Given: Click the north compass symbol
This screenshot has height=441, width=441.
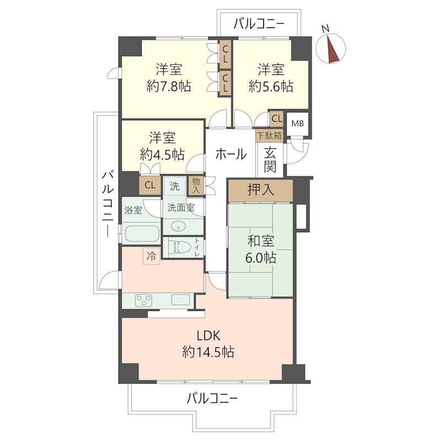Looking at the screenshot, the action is coord(331,48).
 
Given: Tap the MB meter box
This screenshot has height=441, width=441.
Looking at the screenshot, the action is coord(298,123).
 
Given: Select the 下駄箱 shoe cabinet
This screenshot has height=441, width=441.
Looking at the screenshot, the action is coord(269,136).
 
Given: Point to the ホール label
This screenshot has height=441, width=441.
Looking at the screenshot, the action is coord(231,154).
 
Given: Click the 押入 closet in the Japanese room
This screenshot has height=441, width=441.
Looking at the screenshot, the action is coord(260,190).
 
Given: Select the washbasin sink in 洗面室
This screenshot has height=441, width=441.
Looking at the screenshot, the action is coord(178,226).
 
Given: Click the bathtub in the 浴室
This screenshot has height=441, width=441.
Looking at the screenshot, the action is coord(142,233).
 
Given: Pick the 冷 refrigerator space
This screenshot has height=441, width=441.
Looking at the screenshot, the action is coord(151,256).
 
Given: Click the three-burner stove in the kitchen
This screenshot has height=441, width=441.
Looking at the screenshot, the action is coord(144,300).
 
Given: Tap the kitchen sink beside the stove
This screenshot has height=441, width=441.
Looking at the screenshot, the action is coord(180,299).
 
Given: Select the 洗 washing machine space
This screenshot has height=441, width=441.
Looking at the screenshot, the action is coord(175,186).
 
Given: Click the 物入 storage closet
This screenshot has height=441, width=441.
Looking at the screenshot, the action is coord(196,186).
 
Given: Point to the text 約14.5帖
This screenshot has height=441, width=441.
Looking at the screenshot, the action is coord(208,352).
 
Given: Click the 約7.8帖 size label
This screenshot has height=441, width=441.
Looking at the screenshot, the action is coord(169,86).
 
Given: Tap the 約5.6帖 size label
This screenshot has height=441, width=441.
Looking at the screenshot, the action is coord(271,86).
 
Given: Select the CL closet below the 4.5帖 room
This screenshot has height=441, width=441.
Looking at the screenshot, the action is coord(150,185).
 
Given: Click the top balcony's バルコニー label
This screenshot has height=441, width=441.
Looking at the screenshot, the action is coord(259,24).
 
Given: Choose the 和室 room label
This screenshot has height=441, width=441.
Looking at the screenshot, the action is coord(261,241).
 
